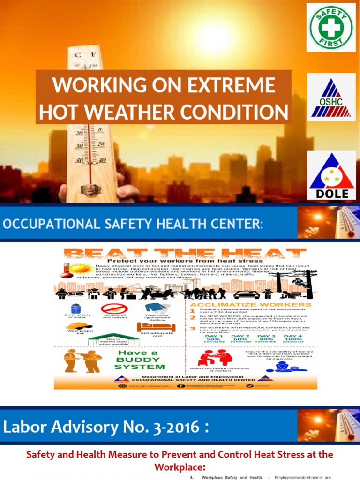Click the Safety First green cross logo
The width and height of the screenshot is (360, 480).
tap(331, 27)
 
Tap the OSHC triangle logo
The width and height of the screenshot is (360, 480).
tap(331, 97)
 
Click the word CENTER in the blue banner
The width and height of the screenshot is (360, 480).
tap(233, 224)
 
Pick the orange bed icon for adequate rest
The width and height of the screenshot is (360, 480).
tap(150, 327)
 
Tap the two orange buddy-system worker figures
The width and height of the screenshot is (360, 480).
tap(82, 360)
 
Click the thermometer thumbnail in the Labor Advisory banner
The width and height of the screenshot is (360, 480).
tap(328, 425)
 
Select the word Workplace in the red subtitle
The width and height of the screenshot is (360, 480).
tap(180, 467)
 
